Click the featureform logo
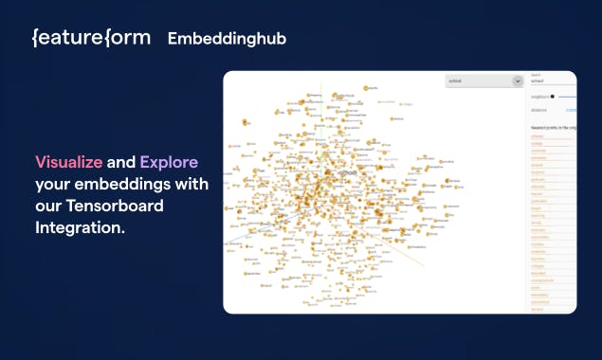tap(91, 38)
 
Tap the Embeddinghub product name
tap(227, 39)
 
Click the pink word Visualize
tap(68, 162)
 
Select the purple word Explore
tap(169, 162)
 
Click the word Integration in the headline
tap(80, 228)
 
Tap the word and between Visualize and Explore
tap(121, 162)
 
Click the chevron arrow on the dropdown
tap(518, 81)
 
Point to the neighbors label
tap(539, 96)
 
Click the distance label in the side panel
tap(539, 110)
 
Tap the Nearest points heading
tap(550, 126)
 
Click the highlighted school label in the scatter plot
tap(348, 173)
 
